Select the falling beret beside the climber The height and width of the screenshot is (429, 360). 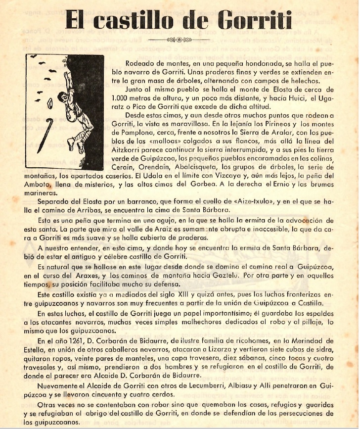pos(49,103)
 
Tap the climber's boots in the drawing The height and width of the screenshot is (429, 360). pos(74,144)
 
